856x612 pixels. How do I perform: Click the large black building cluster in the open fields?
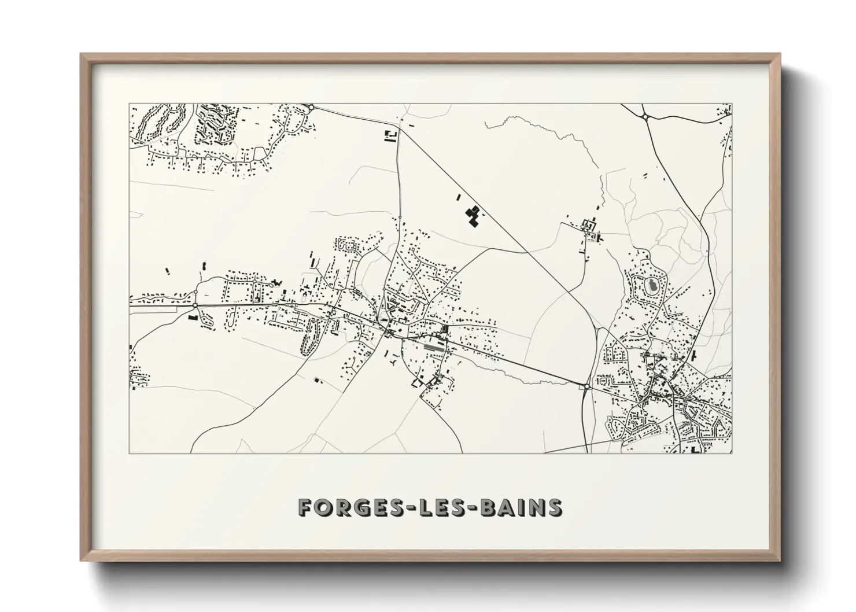(473, 215)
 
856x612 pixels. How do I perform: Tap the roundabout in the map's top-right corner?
(644, 117)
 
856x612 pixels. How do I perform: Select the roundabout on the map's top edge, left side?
(311, 107)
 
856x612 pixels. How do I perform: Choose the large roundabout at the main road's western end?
(195, 305)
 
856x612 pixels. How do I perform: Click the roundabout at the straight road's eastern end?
(587, 385)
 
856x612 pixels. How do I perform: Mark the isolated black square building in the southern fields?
(316, 379)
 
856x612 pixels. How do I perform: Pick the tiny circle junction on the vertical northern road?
(400, 217)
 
